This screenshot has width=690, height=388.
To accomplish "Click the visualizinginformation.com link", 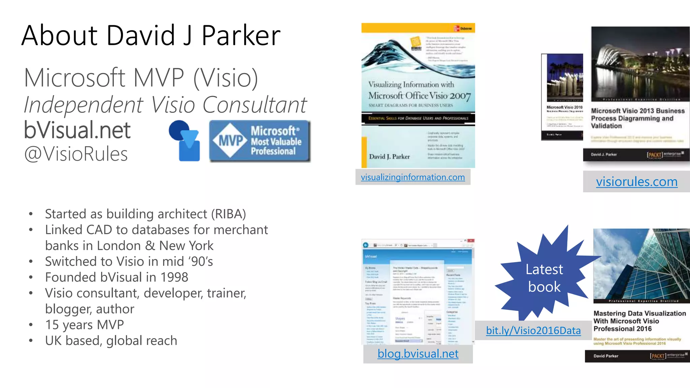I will point(413,177).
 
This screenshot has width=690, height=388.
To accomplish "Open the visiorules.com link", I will point(636,182).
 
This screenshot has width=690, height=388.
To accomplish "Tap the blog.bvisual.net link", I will point(418,354).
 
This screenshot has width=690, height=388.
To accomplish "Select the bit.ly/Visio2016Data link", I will point(533,330).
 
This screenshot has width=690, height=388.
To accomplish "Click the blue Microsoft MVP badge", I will point(259,141).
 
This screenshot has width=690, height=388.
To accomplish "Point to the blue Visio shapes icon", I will point(185,140).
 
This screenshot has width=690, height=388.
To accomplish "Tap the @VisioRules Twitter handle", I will point(76,154).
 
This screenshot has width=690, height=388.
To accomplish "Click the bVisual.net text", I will point(77,130).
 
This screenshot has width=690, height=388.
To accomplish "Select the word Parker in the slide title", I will point(241,35).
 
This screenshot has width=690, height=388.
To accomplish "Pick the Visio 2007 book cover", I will point(418,95).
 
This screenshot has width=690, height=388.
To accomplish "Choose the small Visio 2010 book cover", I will point(562,97).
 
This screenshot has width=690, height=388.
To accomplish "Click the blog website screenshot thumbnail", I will point(418,292).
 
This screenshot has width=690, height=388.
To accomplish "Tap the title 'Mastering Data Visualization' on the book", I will point(639,314).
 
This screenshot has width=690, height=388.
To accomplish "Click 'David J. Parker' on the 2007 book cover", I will point(389,157).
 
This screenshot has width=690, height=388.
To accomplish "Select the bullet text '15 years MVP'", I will point(85,325).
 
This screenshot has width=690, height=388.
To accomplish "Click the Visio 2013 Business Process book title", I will point(637,118).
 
